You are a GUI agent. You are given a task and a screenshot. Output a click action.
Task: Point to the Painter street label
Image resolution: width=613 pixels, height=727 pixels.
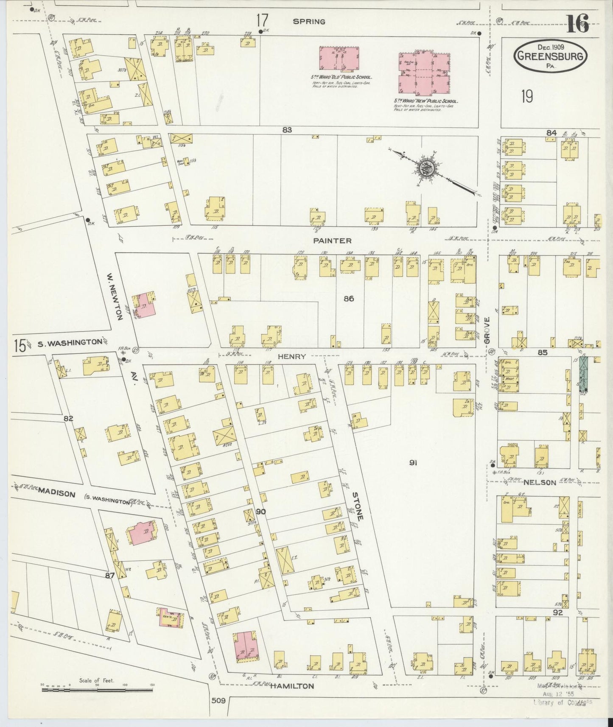(332, 240)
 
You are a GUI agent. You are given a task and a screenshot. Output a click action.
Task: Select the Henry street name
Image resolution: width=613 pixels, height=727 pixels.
(291, 357)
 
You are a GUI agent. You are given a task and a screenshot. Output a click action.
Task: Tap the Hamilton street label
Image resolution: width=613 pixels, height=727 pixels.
(292, 685)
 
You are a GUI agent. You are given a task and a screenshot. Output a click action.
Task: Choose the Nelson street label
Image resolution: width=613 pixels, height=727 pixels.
(539, 482)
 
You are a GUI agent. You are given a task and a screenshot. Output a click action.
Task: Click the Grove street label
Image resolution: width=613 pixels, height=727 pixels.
(487, 330)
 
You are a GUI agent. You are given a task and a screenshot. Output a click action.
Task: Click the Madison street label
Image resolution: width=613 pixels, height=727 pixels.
(56, 494)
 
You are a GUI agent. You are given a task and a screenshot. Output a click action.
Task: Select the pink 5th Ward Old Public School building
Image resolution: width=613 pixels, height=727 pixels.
(339, 59)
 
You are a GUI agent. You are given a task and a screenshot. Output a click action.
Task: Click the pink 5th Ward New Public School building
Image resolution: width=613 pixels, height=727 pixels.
(424, 73)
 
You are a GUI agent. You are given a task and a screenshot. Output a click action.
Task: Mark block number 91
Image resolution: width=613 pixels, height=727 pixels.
(413, 463)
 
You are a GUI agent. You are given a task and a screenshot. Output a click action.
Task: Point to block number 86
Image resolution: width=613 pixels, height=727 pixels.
(349, 299)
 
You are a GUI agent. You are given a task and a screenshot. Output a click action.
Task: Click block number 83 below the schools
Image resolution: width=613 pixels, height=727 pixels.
(287, 130)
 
